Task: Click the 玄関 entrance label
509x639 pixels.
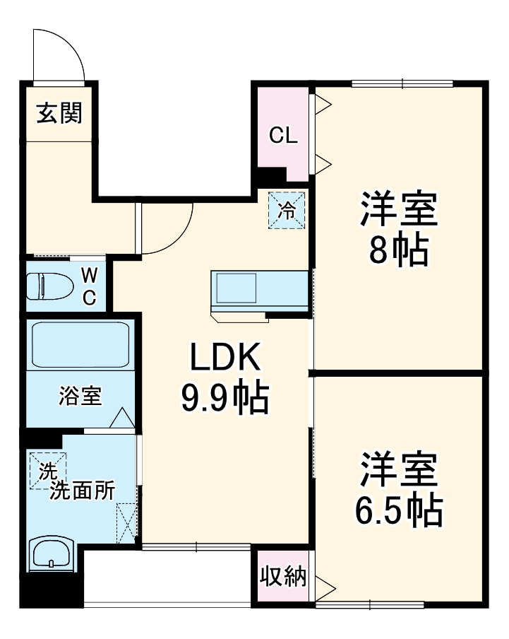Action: tap(59, 113)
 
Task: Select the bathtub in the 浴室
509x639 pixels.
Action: tap(79, 345)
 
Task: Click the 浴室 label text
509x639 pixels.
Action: tap(80, 397)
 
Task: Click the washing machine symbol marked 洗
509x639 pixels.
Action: tap(47, 471)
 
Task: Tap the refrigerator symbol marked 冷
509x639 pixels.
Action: tap(287, 210)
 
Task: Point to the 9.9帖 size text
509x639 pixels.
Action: tap(225, 400)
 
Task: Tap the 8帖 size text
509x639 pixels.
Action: tap(399, 248)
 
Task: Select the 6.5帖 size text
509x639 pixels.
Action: tap(400, 508)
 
